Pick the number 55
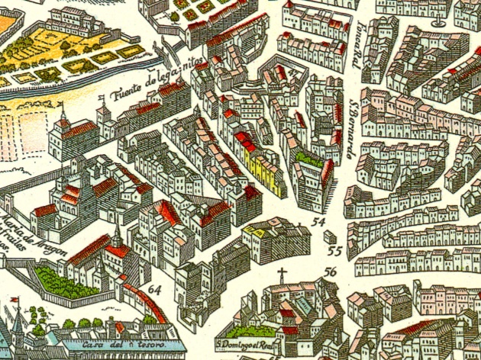[334, 249]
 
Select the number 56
[330, 271]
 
